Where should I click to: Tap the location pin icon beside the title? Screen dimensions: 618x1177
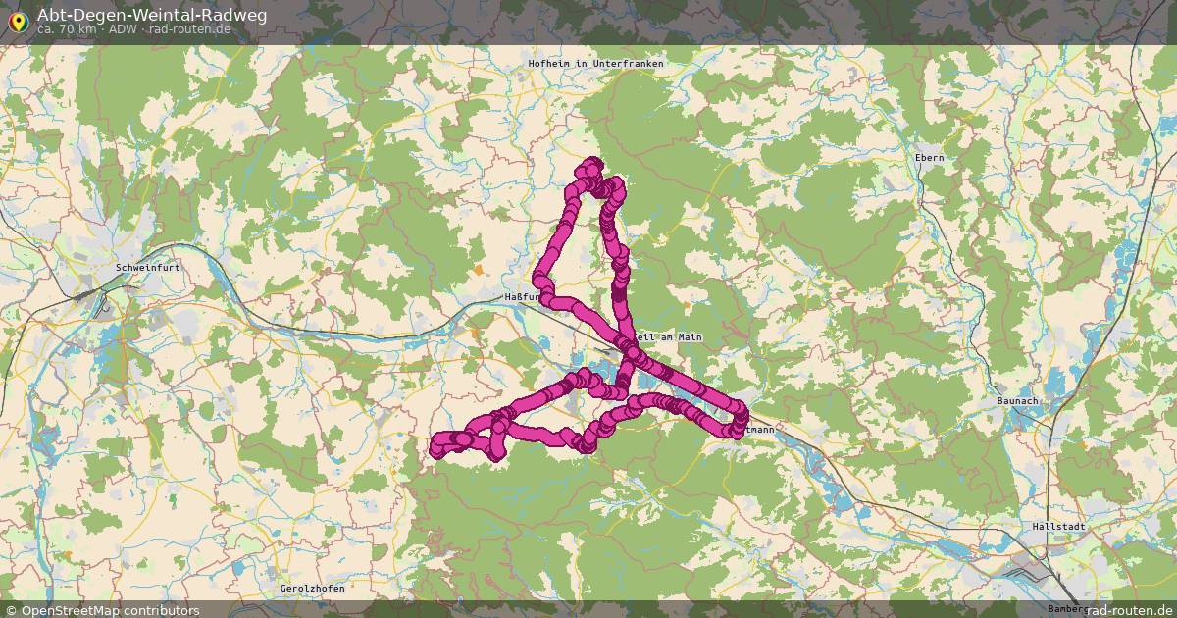[18, 21]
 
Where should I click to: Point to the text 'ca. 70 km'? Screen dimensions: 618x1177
[66, 29]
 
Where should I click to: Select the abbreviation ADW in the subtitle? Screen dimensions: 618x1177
[123, 29]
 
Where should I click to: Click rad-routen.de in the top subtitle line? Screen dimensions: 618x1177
[192, 29]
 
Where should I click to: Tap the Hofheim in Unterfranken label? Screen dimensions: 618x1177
[595, 64]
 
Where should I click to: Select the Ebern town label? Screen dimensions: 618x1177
[928, 158]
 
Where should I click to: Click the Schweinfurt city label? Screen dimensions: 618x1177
[144, 267]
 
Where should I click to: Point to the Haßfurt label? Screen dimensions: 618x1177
[520, 296]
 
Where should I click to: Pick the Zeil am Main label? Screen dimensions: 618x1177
[670, 337]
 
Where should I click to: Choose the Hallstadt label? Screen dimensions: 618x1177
[1058, 527]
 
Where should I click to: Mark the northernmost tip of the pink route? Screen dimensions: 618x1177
[591, 163]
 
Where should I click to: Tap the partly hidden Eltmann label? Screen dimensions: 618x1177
[758, 429]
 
